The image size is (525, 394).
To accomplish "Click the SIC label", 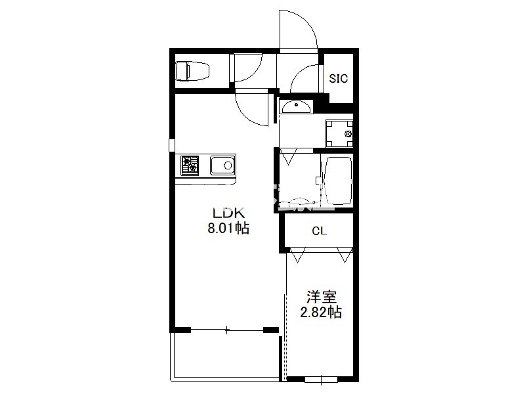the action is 339,79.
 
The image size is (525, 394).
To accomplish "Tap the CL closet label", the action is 319,231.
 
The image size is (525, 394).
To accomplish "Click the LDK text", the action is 228,213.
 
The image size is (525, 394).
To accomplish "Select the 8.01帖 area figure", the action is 228,228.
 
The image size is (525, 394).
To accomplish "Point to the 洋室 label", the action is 322,297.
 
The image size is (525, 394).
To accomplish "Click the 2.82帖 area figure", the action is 321,313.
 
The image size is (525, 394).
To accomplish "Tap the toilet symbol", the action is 192,71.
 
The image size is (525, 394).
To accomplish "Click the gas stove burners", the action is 190,165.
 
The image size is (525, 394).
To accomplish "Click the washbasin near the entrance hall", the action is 296,107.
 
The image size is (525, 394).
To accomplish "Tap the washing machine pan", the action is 339,134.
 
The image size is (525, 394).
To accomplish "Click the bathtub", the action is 337,181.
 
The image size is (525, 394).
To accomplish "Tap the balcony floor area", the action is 226,355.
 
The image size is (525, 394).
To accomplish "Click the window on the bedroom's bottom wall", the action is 321,380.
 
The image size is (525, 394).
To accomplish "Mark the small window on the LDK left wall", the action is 172,145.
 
